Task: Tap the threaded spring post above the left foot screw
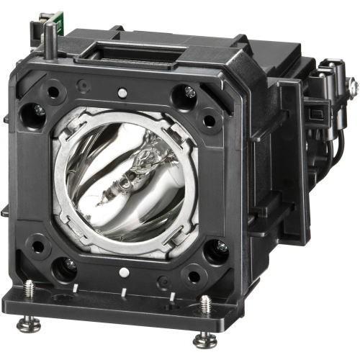[30, 289]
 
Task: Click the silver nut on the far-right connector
[353, 86]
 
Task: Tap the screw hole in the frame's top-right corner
[189, 91]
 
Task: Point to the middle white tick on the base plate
[125, 291]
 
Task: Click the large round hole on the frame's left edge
[32, 112]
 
